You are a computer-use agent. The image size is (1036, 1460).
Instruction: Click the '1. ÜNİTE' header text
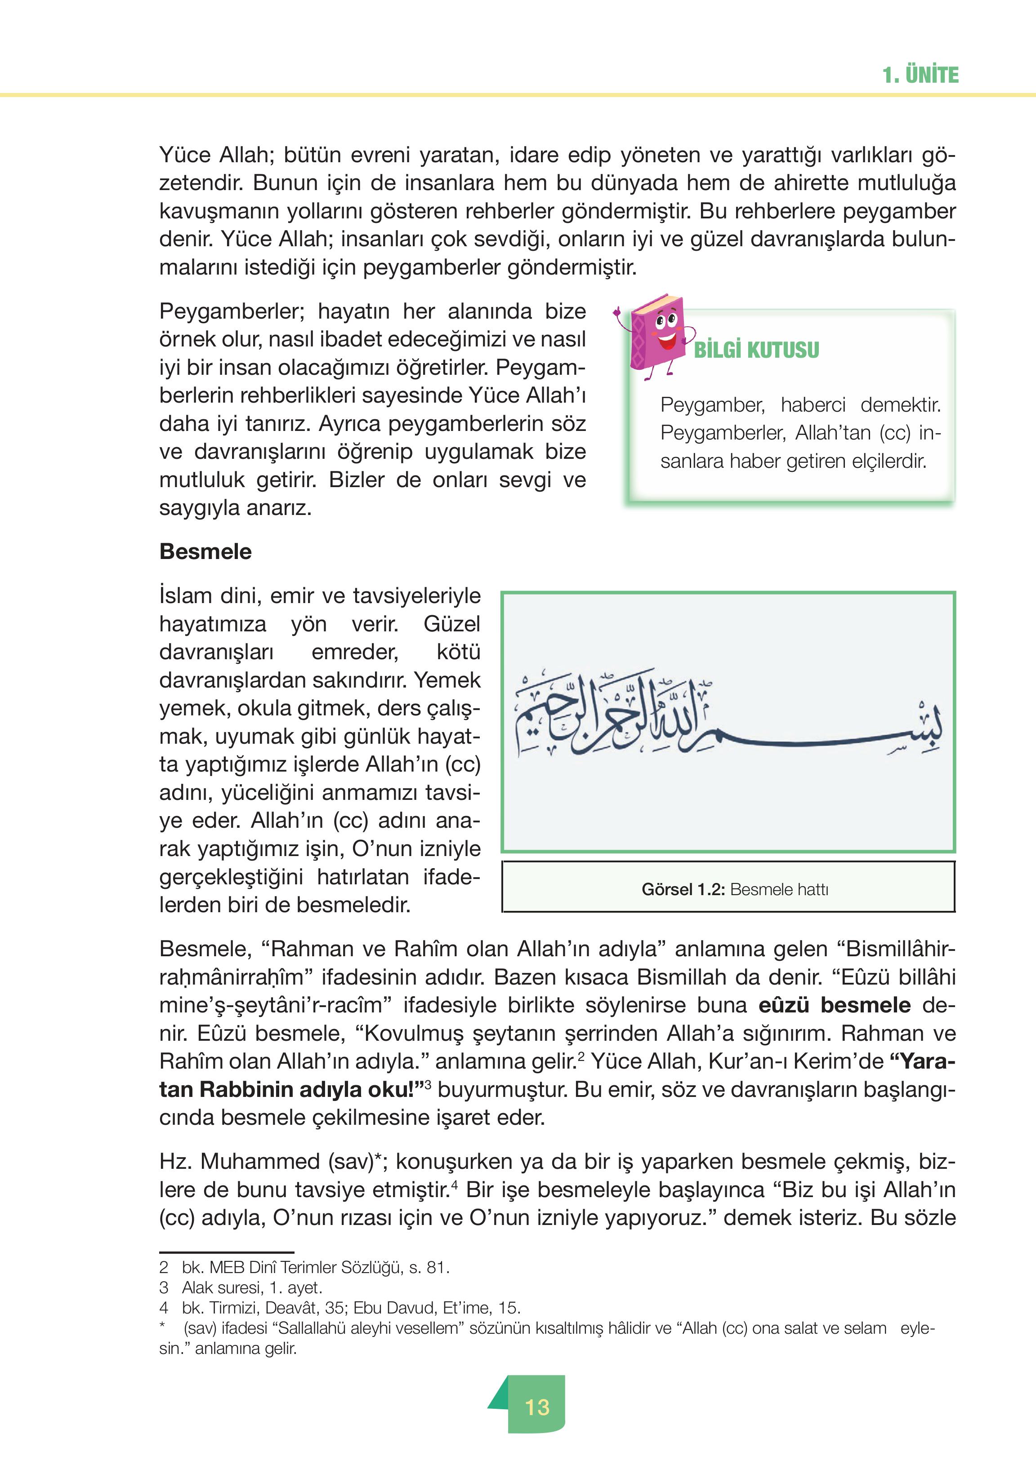click(x=920, y=75)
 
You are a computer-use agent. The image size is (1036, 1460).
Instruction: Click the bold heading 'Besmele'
click(x=205, y=551)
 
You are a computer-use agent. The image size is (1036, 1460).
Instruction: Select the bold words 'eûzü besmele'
click(x=835, y=1005)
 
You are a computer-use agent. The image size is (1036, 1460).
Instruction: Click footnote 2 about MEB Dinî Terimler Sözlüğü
click(x=315, y=1268)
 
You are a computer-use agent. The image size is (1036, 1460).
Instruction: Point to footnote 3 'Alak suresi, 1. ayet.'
click(x=251, y=1287)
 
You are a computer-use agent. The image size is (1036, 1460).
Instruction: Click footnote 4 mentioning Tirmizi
click(x=351, y=1308)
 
